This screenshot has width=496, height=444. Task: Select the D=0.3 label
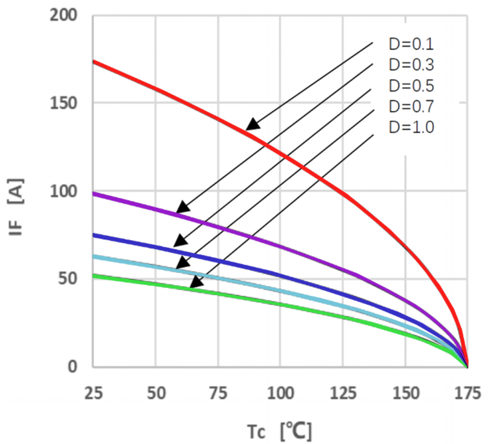tap(411, 65)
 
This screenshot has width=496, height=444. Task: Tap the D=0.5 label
tap(411, 86)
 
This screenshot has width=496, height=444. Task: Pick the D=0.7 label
tap(411, 106)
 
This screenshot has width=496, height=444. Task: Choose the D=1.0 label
tap(411, 127)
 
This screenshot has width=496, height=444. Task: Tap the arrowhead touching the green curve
tap(197, 282)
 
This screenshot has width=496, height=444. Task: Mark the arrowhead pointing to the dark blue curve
tap(180, 241)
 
